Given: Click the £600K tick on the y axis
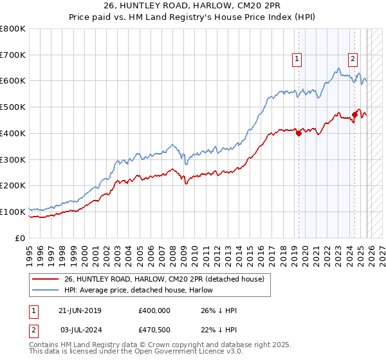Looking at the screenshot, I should [x=13, y=81].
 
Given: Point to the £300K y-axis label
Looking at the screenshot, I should [x=13, y=159].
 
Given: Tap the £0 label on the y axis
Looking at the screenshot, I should [x=21, y=238].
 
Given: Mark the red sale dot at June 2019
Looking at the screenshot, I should [x=299, y=133].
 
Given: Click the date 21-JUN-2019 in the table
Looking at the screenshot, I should [x=80, y=310].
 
